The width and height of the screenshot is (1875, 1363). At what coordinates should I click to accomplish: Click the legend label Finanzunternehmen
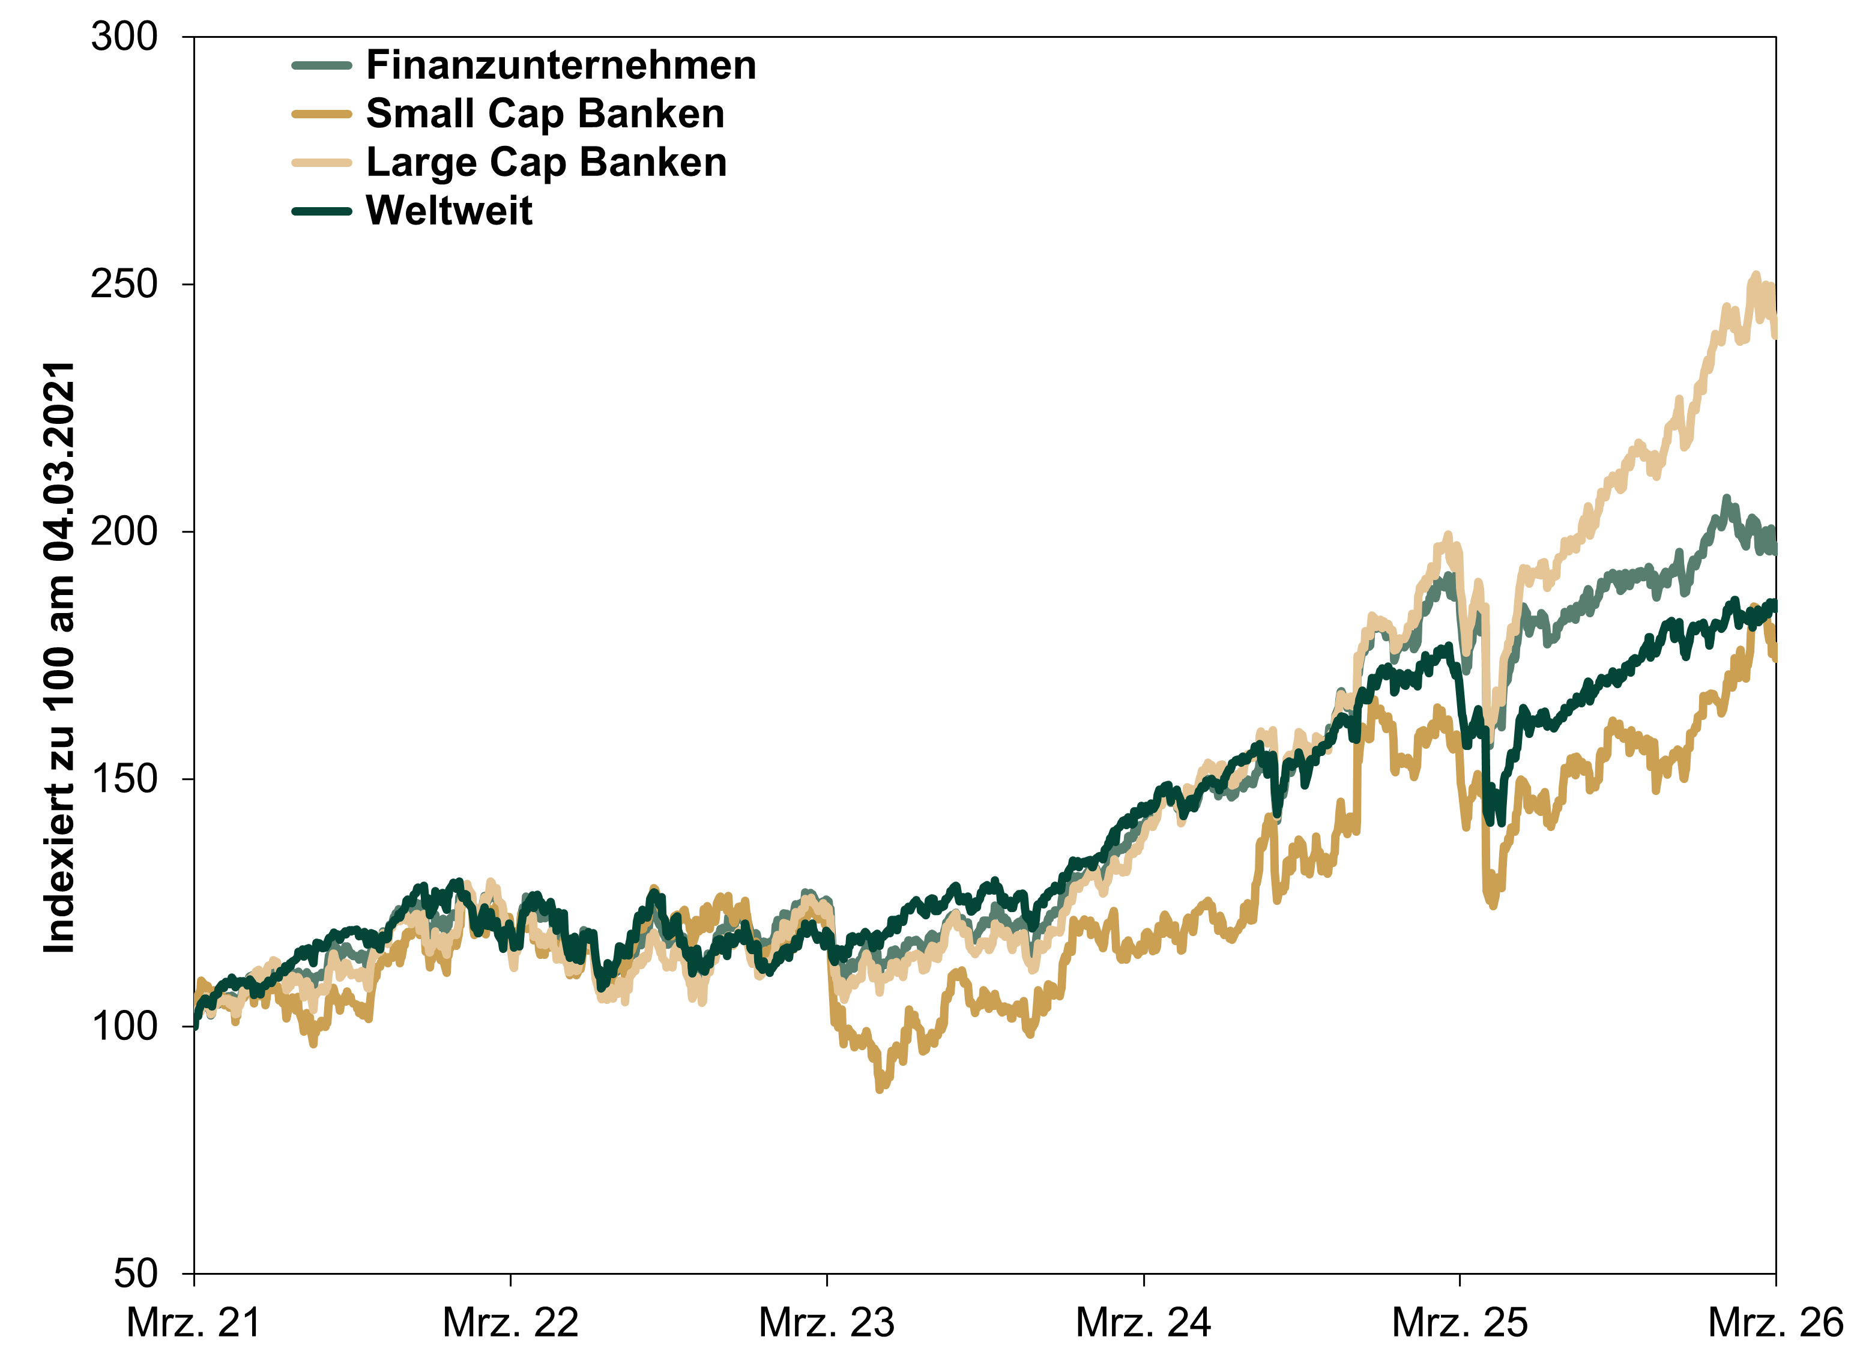[561, 65]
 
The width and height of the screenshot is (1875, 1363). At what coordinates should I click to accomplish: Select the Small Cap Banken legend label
[545, 114]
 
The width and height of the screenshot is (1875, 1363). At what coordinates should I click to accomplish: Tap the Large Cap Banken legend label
[546, 162]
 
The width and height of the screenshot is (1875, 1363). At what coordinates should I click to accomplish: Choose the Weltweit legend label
[449, 211]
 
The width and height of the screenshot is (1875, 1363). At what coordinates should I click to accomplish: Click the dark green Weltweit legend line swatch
[322, 211]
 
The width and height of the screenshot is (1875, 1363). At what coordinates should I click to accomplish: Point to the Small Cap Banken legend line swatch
[322, 114]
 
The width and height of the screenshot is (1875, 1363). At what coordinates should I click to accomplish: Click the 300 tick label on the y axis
[124, 37]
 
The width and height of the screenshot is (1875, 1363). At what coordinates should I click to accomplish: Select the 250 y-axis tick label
[124, 285]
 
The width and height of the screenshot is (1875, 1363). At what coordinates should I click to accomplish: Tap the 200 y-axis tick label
[124, 531]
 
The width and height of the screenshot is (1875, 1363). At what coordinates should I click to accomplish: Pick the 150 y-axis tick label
[124, 779]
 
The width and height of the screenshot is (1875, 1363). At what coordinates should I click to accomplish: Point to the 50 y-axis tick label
[134, 1274]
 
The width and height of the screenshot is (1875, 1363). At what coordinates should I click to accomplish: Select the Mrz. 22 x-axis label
[510, 1323]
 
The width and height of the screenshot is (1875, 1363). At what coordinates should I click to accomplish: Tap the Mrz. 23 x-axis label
[827, 1323]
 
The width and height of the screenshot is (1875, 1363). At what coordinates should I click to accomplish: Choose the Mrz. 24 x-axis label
[1143, 1323]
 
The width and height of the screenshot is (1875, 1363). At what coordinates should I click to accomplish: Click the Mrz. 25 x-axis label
[1460, 1323]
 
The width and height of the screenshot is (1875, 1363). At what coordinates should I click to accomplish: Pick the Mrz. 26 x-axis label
[1776, 1323]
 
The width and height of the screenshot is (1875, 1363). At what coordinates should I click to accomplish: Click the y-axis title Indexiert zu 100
[59, 657]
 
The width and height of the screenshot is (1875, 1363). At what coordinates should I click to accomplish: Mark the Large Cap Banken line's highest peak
[1756, 275]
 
